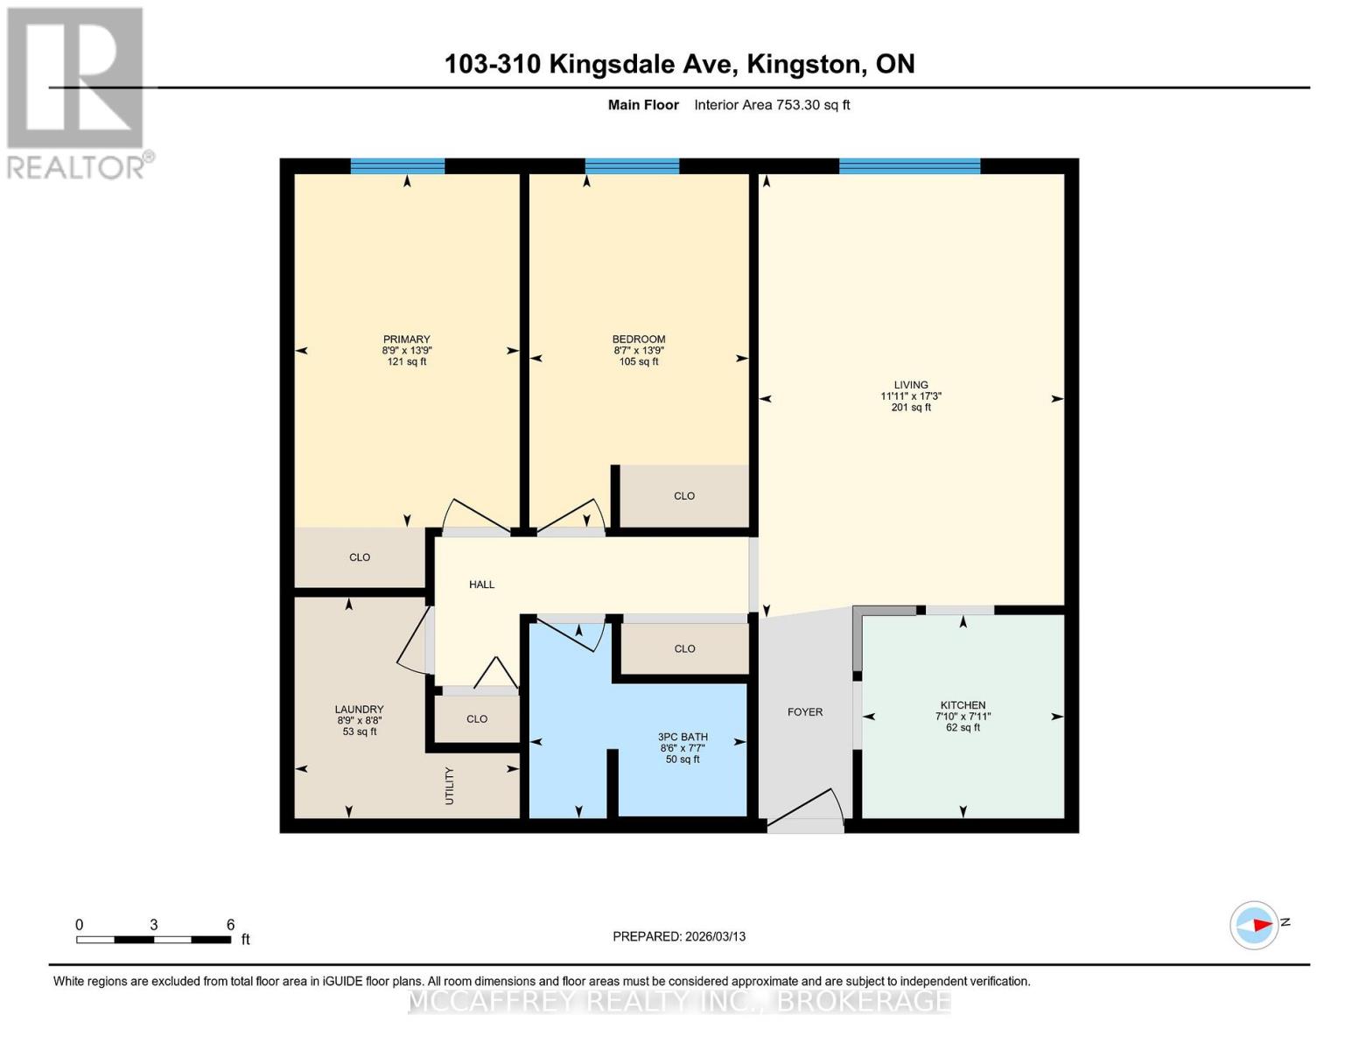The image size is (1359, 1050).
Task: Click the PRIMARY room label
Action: (x=406, y=339)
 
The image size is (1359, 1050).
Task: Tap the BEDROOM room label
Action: (x=638, y=339)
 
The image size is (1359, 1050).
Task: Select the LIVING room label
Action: (x=910, y=385)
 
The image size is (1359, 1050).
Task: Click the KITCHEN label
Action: (x=963, y=705)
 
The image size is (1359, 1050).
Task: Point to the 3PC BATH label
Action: (x=683, y=737)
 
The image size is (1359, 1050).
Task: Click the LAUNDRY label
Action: (x=359, y=710)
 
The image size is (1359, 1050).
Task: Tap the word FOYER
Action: (x=804, y=712)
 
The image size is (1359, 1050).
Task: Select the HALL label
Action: (x=481, y=584)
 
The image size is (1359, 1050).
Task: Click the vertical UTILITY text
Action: (x=449, y=786)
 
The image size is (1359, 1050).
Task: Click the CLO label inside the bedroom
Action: (x=683, y=496)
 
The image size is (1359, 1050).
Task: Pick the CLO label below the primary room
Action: (x=360, y=557)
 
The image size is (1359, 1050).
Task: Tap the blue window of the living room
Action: (x=909, y=166)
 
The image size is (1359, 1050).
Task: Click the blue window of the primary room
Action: (x=397, y=166)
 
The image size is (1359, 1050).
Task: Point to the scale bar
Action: (x=153, y=940)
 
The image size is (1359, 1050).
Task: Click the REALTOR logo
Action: (x=76, y=92)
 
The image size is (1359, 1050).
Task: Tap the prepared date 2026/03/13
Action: (x=678, y=936)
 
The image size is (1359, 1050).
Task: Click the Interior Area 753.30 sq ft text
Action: (x=772, y=105)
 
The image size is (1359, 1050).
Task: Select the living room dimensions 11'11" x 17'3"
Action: (x=910, y=396)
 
